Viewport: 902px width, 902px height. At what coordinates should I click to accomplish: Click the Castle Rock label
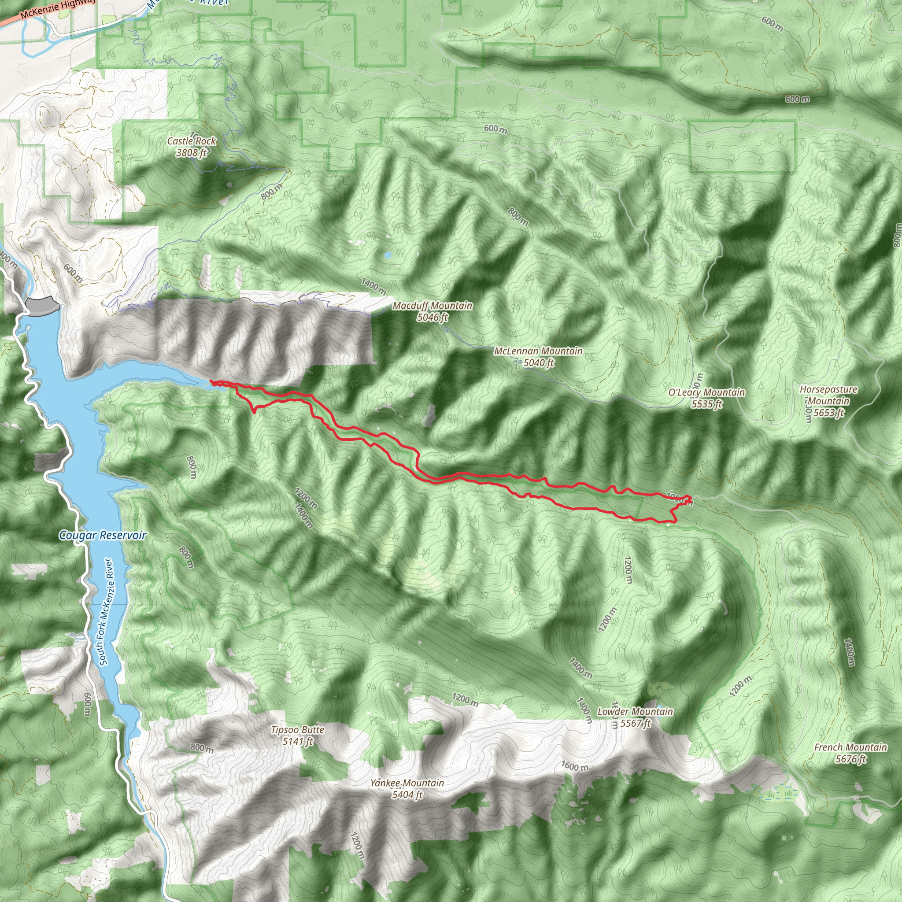[192, 141]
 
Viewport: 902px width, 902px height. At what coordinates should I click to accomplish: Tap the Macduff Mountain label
[433, 306]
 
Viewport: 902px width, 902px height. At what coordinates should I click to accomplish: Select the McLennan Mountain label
[538, 351]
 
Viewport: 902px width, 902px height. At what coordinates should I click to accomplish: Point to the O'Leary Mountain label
[706, 392]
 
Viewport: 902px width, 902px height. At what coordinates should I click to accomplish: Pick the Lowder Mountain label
[635, 712]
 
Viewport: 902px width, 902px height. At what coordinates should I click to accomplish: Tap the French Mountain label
[850, 747]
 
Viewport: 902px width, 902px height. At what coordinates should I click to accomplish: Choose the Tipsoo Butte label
[297, 730]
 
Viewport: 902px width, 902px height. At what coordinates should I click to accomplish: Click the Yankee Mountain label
[407, 783]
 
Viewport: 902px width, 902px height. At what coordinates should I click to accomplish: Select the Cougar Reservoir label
[103, 536]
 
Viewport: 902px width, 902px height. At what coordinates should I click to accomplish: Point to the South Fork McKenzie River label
[106, 611]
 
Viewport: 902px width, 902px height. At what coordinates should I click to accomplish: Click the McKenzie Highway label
[56, 8]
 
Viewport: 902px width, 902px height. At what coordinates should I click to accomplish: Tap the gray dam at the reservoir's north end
[43, 305]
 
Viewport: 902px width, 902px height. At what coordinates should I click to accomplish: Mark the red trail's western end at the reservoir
[212, 382]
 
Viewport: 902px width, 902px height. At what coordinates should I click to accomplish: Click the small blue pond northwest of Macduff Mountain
[387, 255]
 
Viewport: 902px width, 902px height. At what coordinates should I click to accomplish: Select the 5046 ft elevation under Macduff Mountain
[433, 318]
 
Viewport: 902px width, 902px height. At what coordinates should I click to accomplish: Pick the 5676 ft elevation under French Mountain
[850, 759]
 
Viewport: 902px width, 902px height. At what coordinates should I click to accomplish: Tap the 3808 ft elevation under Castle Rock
[191, 153]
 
